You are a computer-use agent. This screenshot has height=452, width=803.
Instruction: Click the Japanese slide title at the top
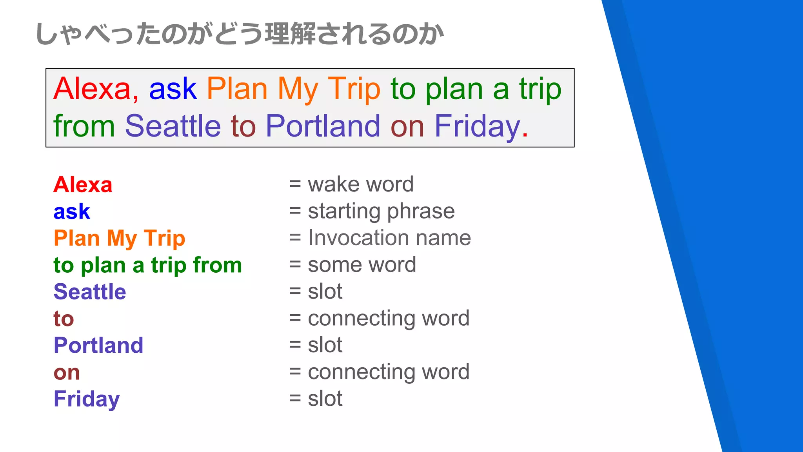coord(239,34)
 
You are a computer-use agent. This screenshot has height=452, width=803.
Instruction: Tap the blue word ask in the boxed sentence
coord(173,89)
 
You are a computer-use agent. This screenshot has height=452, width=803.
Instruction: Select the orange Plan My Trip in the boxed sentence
coord(293,89)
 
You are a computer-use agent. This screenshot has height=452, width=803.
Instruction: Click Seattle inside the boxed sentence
coord(173,126)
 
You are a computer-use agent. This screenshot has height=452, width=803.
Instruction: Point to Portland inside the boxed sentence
coord(323,126)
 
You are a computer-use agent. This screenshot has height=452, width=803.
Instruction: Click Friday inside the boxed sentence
coord(477,126)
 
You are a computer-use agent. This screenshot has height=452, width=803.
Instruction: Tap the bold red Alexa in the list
coord(83,184)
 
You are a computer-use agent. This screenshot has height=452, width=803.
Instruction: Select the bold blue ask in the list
coord(72,211)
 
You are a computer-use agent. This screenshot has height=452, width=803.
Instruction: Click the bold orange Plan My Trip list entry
coord(119,239)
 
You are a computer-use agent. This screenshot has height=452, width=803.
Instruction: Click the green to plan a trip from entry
coord(147,265)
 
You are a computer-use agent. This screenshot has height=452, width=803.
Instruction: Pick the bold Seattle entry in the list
coord(90,292)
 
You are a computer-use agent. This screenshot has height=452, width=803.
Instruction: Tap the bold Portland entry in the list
coord(98,345)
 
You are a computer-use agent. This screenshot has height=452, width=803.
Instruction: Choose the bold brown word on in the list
coord(67,372)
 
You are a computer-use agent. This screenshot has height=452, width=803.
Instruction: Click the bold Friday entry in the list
coord(87,399)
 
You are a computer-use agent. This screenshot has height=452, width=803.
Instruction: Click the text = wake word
coord(351,184)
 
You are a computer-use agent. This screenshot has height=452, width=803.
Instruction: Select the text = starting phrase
coord(372,211)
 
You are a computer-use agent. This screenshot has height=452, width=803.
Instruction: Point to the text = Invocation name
coord(380,238)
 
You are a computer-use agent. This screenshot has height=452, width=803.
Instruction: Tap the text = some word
coord(352,265)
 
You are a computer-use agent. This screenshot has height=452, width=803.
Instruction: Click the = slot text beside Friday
coord(316,399)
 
